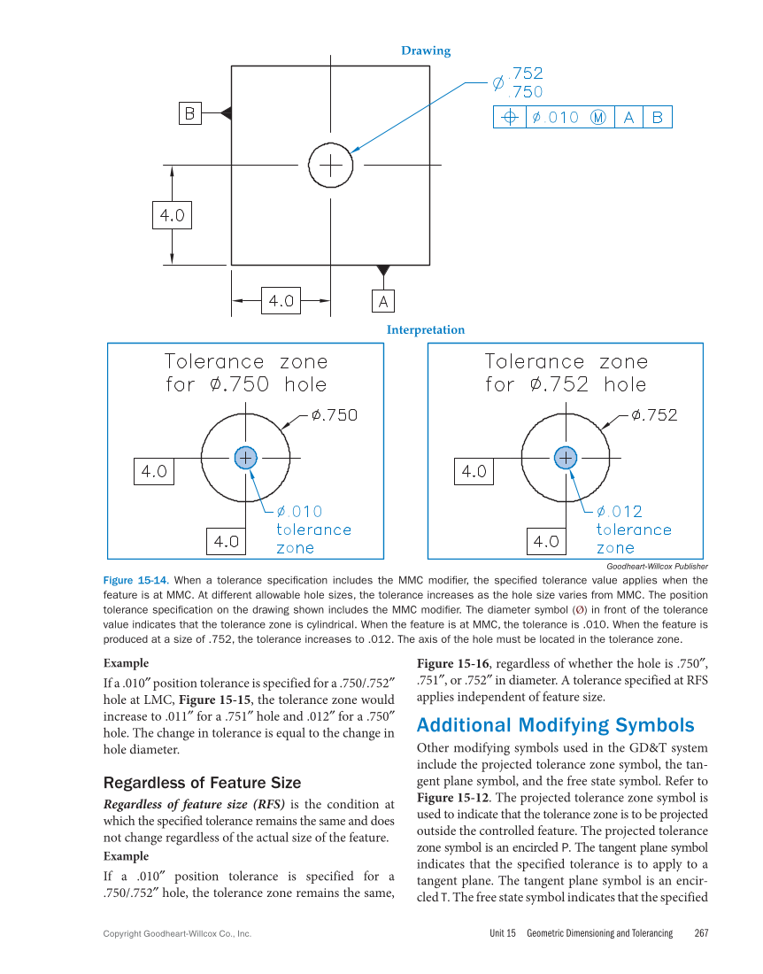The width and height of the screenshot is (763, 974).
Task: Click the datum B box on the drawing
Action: coord(189,113)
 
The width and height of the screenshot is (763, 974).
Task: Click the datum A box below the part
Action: coord(382,301)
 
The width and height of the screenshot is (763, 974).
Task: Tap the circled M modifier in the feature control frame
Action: coord(598,117)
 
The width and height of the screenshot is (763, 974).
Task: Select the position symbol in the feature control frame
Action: coord(510,117)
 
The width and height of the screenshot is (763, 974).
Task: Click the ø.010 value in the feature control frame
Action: coord(555,117)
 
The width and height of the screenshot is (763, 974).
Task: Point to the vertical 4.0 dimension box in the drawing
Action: coord(172,215)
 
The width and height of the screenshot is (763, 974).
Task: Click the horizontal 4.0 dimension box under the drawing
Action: coord(281,301)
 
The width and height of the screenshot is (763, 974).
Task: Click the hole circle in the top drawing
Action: coord(331,165)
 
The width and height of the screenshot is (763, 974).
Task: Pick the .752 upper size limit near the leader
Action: coord(528,74)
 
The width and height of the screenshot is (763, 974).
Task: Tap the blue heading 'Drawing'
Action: coord(426,50)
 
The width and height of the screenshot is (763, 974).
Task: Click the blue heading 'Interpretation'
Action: coord(425,329)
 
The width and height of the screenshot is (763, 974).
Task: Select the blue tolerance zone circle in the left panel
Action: coord(245,457)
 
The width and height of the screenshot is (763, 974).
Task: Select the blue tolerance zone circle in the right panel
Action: coord(565,457)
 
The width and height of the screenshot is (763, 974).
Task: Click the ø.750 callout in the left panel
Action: coord(334,415)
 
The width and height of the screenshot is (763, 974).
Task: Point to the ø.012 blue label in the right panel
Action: coord(620,512)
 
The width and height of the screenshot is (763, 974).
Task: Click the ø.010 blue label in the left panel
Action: coord(300,512)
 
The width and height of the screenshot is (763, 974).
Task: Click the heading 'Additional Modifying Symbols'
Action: coord(555,725)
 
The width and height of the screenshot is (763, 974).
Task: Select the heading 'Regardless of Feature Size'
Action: coord(202,783)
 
